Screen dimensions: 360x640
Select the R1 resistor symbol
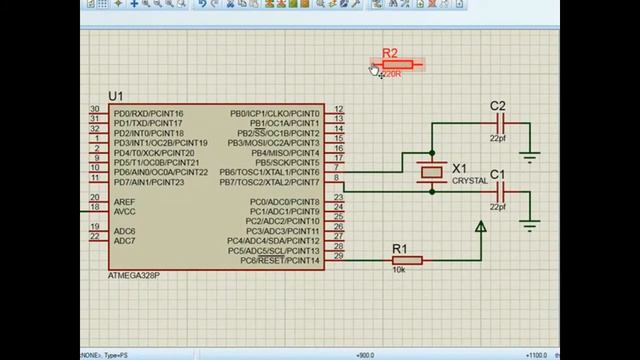[406, 261]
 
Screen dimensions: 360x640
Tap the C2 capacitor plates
[503, 125]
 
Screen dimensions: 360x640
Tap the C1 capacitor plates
[503, 192]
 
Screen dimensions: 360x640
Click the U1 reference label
[115, 96]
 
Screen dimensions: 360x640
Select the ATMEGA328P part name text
[133, 275]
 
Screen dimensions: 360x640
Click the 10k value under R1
[398, 271]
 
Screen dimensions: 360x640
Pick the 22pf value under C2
[497, 139]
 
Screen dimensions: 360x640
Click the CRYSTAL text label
[470, 181]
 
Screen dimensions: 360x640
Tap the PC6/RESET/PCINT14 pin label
[280, 261]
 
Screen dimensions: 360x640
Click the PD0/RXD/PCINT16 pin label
[148, 113]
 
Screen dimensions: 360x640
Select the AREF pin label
[124, 201]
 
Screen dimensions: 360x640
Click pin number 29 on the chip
[339, 257]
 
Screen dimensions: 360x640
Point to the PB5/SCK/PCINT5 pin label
[287, 162]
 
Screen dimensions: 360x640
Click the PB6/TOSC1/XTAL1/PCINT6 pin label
[269, 172]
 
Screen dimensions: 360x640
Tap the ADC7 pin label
[124, 241]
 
